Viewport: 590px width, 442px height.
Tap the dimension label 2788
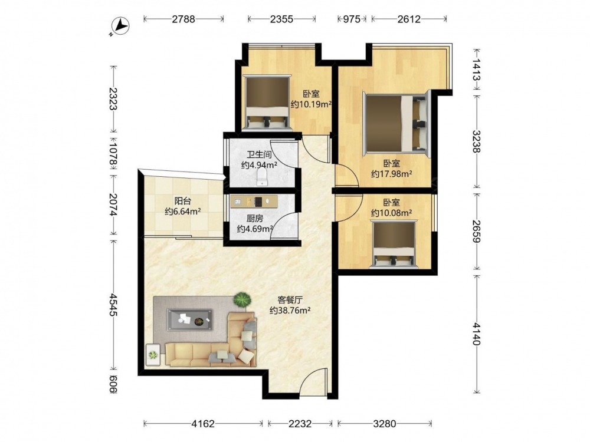tap(183, 19)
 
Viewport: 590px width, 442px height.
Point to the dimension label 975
tap(352, 19)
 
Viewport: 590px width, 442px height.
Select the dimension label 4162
tap(203, 424)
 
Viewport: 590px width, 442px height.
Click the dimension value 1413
tap(476, 70)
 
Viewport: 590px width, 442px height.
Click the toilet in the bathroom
tap(261, 177)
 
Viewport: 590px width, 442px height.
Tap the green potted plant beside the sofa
tap(242, 300)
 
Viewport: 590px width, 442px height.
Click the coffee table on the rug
tap(190, 320)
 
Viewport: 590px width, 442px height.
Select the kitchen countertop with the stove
tap(254, 201)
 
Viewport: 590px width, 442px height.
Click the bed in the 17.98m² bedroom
tap(395, 124)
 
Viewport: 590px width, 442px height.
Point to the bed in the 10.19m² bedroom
tap(267, 102)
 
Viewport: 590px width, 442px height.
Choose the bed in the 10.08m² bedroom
tap(394, 245)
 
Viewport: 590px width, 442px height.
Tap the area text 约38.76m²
tap(290, 311)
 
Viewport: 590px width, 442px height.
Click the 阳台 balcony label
tap(182, 201)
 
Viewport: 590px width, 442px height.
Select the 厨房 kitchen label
tap(255, 219)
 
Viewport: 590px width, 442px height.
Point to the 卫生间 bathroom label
tap(259, 154)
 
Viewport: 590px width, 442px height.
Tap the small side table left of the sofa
tap(153, 354)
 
